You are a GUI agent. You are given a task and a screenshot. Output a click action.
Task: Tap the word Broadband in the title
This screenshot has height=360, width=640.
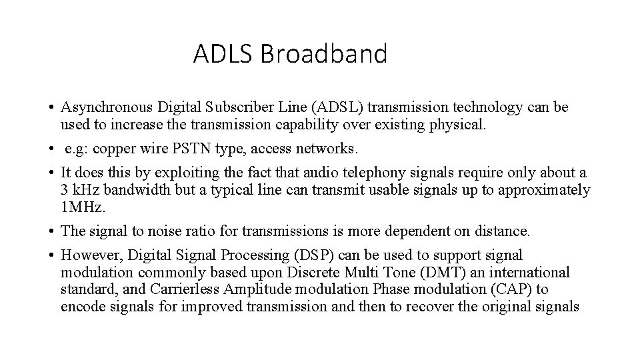323,53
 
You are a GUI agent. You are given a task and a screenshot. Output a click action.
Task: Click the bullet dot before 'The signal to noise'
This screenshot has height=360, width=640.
51,231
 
